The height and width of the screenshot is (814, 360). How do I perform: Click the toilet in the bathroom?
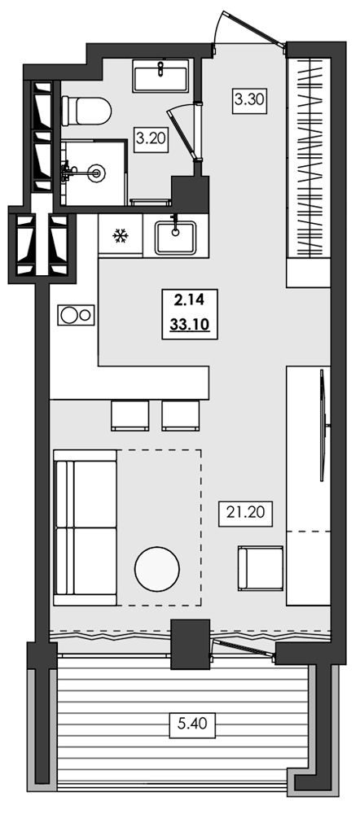86,111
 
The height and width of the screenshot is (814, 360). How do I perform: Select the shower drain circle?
95,172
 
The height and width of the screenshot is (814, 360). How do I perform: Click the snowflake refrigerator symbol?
121,237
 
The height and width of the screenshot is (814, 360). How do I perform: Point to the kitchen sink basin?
176,237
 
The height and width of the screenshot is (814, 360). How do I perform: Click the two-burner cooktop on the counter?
76,314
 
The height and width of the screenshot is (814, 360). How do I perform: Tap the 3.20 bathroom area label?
151,138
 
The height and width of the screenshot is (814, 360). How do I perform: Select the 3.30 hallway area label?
249,98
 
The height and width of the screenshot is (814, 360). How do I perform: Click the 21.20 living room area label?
245,512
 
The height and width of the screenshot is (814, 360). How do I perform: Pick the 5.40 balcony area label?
193,722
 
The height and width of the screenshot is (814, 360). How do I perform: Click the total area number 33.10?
189,326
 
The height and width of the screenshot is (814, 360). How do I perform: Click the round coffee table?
157,569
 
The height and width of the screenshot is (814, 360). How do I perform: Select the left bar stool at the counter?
130,415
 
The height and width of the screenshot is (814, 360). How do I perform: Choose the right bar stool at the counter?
180,415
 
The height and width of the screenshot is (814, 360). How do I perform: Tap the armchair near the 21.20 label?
261,568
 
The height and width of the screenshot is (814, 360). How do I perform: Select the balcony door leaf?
243,649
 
